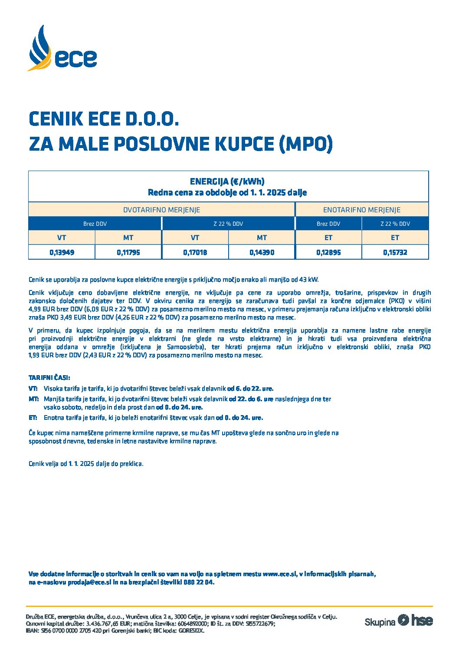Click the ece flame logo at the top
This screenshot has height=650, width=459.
(x=62, y=49)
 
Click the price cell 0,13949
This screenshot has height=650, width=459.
(x=62, y=252)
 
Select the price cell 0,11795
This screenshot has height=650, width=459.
(x=128, y=252)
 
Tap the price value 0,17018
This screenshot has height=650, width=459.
(x=195, y=252)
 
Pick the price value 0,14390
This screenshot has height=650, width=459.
(x=262, y=252)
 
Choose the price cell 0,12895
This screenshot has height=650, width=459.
(x=328, y=252)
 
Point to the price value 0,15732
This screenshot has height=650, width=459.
(x=395, y=252)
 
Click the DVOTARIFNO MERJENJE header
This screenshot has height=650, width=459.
(x=161, y=210)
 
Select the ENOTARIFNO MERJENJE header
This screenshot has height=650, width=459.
(x=361, y=210)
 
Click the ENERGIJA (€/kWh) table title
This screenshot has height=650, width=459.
(x=227, y=181)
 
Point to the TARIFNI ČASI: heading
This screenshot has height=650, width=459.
(x=49, y=378)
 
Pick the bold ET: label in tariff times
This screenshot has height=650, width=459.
(x=33, y=418)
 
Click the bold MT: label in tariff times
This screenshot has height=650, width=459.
(x=33, y=399)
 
